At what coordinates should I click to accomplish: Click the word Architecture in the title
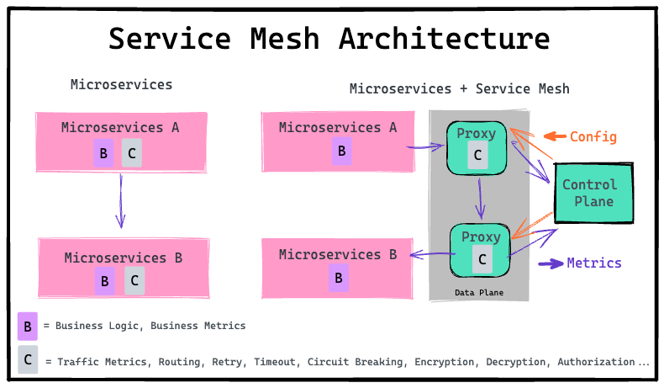[x=445, y=39]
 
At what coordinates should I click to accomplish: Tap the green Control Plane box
[x=593, y=193]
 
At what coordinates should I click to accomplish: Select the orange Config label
[x=593, y=137]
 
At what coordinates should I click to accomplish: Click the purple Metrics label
[x=594, y=263]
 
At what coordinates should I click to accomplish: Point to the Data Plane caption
[x=479, y=293]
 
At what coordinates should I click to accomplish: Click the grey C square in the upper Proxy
[x=477, y=155]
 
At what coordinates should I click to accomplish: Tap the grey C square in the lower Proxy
[x=482, y=258]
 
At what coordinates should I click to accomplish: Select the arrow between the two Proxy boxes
[x=480, y=199]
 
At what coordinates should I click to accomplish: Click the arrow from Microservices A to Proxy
[x=425, y=147]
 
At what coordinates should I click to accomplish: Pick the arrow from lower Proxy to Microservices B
[x=433, y=254]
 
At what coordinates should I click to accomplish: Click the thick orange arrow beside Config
[x=555, y=136]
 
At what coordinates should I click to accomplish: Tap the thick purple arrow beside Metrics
[x=551, y=263]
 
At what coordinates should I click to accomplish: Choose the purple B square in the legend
[x=28, y=327]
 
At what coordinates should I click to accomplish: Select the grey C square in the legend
[x=28, y=359]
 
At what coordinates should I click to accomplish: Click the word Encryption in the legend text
[x=445, y=362]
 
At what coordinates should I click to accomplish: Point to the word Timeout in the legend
[x=275, y=362]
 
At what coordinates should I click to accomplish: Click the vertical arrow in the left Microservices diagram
[x=121, y=201]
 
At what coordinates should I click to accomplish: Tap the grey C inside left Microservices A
[x=132, y=153]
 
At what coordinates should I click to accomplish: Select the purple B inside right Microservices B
[x=339, y=278]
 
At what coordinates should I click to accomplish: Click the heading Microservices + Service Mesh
[x=460, y=88]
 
